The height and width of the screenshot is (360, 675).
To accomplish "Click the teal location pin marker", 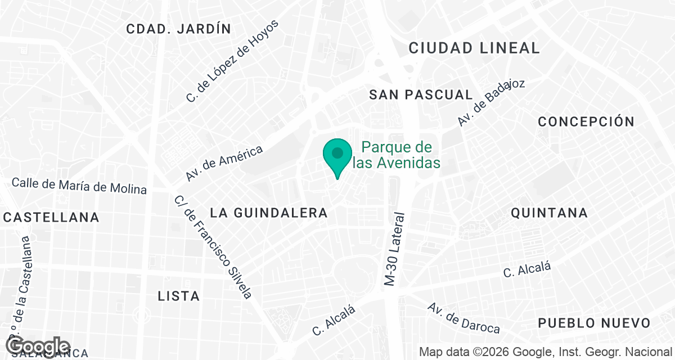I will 337,156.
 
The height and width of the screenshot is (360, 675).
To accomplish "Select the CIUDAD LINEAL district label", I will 474,48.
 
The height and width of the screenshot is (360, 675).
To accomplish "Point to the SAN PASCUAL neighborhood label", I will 421,94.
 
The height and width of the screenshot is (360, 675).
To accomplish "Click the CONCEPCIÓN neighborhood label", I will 586,121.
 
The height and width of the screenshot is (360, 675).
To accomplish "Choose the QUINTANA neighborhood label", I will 549,213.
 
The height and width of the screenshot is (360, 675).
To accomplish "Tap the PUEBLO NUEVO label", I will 594,323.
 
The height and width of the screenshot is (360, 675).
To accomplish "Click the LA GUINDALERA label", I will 268,213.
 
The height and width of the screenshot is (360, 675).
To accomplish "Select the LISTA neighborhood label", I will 179,296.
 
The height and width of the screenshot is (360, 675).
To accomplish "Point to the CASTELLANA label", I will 51,217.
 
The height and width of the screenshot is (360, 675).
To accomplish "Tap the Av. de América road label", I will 225,163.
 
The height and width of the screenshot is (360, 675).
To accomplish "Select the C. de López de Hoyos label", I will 233,61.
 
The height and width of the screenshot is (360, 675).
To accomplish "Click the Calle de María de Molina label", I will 79,186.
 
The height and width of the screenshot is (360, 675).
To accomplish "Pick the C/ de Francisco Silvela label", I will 213,246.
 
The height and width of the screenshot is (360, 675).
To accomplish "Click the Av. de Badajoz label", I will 491,102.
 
